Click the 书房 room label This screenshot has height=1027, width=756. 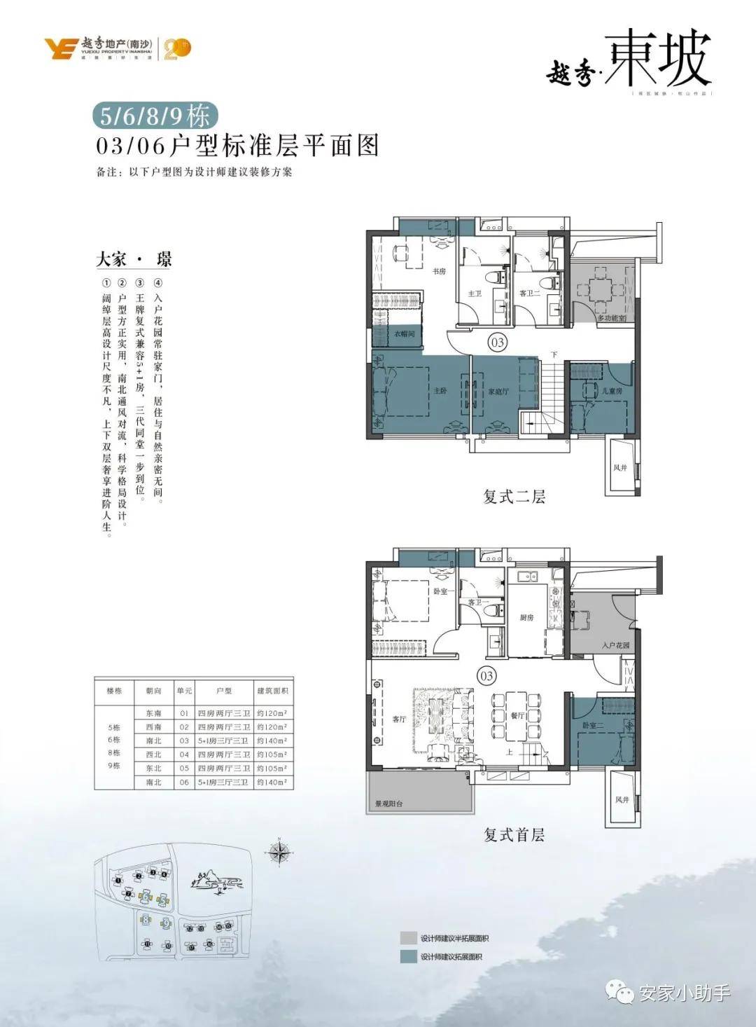click(x=439, y=271)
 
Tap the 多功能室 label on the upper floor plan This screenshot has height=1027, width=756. click(x=612, y=317)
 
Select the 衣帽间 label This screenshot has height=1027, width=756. click(x=404, y=333)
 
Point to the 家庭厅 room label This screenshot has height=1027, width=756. click(x=498, y=392)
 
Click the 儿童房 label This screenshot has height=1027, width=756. click(x=612, y=390)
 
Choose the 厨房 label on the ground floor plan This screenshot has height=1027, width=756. click(x=526, y=618)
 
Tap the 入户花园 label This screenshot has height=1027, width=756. click(x=615, y=645)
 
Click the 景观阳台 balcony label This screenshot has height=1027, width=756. click(x=389, y=804)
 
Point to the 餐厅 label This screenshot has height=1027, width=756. click(x=517, y=715)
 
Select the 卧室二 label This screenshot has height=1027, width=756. click(x=592, y=726)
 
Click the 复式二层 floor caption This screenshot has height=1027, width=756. click(x=514, y=497)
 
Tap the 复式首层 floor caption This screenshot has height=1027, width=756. click(x=514, y=834)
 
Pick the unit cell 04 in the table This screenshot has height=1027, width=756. click(x=184, y=754)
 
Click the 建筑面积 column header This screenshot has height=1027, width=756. click(x=272, y=691)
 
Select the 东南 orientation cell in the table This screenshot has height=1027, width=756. click(x=153, y=713)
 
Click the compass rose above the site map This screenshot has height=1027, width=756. click(x=279, y=852)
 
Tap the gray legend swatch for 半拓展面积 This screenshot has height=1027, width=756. click(x=408, y=938)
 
